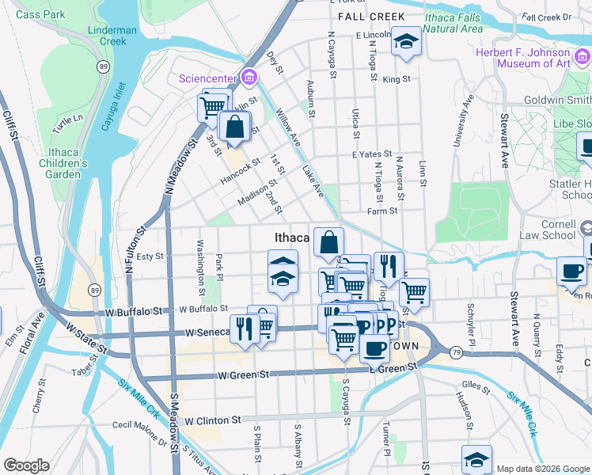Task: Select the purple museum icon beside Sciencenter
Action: tap(249, 77)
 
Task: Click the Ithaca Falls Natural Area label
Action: tap(452, 22)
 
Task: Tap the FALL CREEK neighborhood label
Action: tap(370, 17)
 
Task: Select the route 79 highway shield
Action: tap(457, 351)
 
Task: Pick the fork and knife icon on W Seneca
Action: tap(245, 329)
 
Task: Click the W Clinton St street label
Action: tap(211, 420)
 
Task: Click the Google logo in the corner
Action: tap(26, 465)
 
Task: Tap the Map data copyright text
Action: tap(543, 469)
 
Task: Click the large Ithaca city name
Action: tap(291, 237)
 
